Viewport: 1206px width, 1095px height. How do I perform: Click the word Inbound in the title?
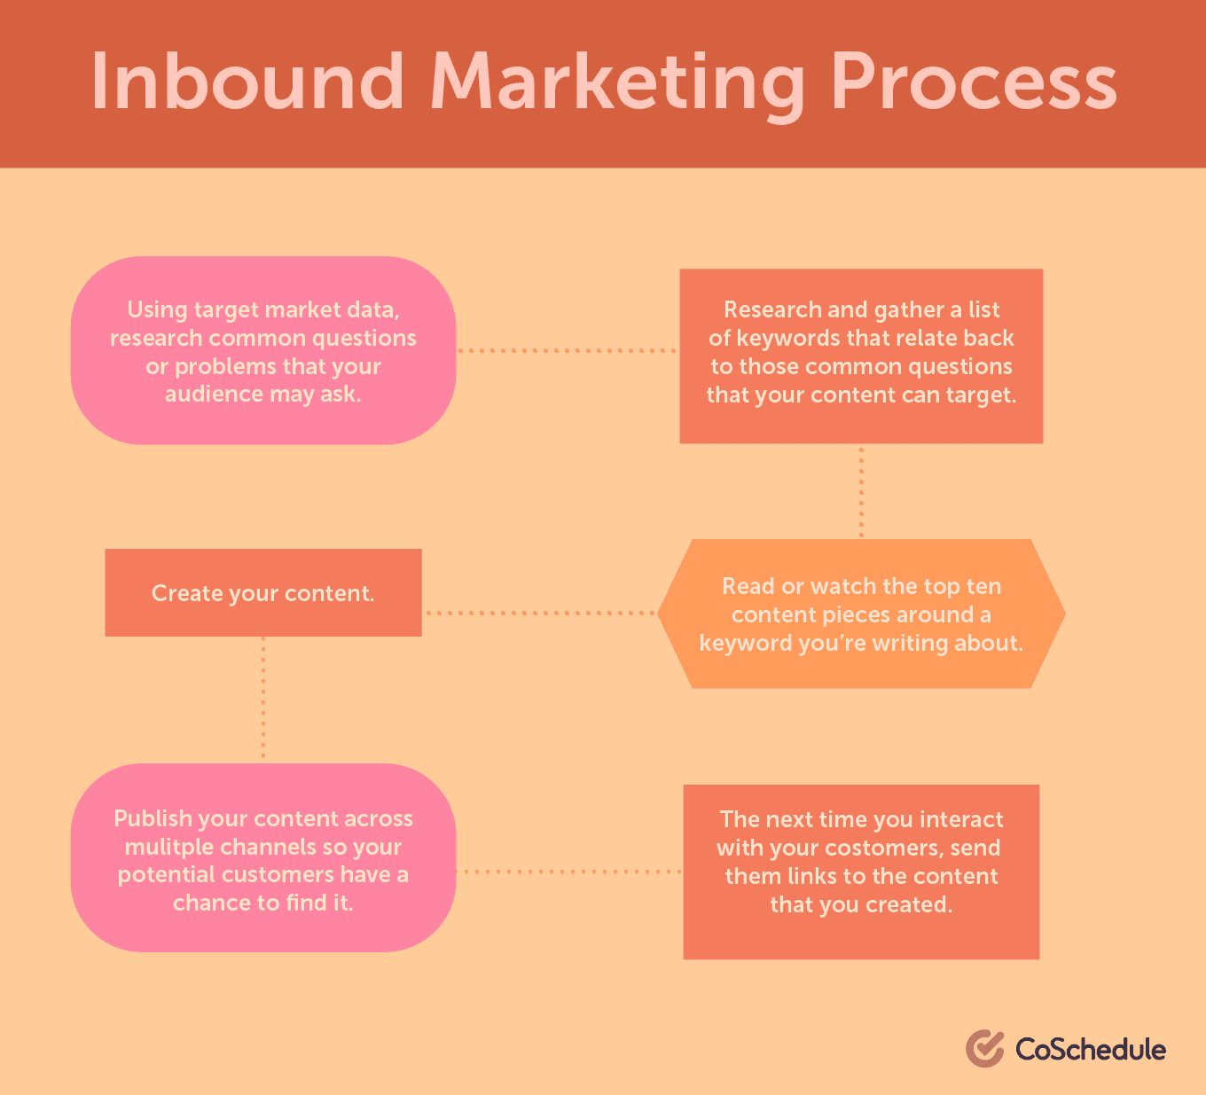(x=247, y=82)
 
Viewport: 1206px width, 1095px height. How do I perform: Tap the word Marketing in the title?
(x=617, y=86)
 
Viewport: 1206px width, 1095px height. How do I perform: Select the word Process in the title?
(x=974, y=82)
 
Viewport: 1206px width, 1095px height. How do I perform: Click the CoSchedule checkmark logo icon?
(x=985, y=1048)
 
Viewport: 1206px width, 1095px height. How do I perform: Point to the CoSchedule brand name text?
(x=1091, y=1049)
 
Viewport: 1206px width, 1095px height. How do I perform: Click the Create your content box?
(x=263, y=592)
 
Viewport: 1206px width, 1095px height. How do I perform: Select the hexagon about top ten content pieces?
(x=861, y=614)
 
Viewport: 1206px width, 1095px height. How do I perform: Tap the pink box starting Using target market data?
(x=263, y=350)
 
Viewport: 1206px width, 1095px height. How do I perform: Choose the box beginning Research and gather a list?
(x=861, y=356)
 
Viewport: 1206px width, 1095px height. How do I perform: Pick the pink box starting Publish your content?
(x=263, y=857)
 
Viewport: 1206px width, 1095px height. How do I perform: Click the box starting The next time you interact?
(x=861, y=872)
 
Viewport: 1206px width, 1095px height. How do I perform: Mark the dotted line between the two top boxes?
(x=568, y=350)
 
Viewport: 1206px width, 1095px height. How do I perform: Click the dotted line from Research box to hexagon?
(x=862, y=492)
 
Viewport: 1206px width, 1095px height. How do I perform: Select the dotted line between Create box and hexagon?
(x=539, y=614)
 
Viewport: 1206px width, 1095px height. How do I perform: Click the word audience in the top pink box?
(x=214, y=395)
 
